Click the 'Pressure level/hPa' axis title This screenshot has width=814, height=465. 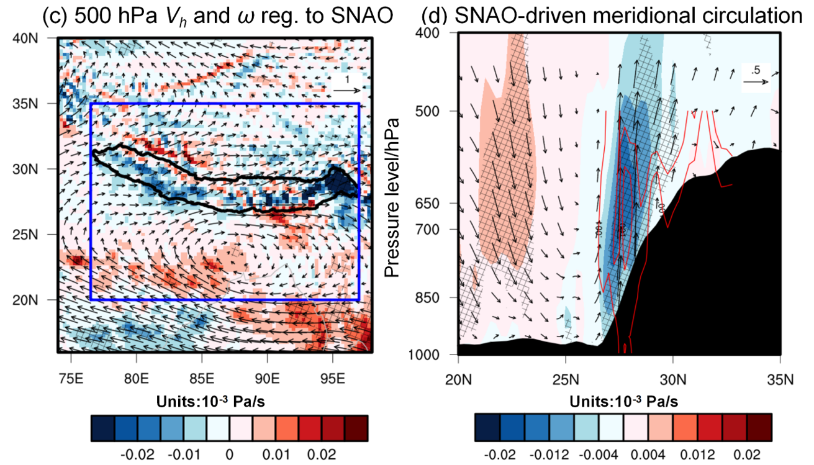point(391,195)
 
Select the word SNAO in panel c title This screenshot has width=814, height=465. point(363,17)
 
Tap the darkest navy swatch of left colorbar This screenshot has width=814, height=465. point(102,428)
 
